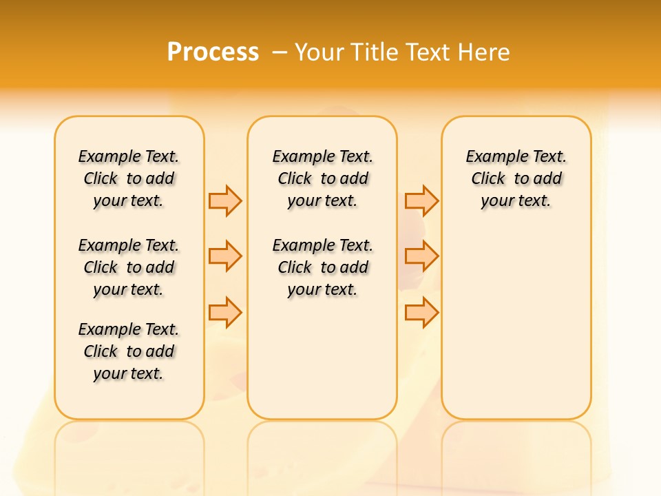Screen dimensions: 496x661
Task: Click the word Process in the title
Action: point(213,52)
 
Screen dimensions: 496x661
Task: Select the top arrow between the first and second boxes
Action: point(225,200)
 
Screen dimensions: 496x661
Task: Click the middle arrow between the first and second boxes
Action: point(225,256)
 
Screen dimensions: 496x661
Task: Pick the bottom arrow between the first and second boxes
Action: point(225,312)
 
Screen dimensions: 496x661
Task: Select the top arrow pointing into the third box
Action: point(421,200)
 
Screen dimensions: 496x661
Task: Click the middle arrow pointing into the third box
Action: point(421,256)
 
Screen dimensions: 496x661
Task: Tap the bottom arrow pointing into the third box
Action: point(421,312)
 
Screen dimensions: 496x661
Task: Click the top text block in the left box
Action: point(129,178)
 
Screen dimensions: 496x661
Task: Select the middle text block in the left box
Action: point(129,267)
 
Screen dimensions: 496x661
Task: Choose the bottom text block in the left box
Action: point(129,351)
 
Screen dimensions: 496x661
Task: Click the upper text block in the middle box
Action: point(322,178)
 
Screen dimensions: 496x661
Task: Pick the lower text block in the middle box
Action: point(322,267)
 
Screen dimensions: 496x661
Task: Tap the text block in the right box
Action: point(516,178)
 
